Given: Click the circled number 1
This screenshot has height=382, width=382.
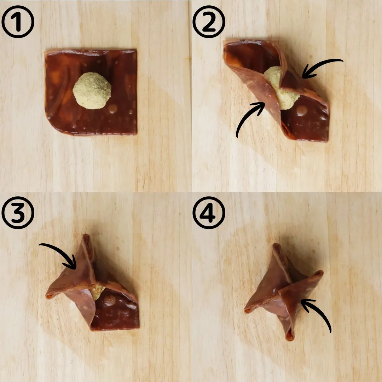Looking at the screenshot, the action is click(x=18, y=22).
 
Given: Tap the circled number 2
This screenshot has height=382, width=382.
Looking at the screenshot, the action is click(x=209, y=22).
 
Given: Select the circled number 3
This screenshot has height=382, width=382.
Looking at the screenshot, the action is click(x=18, y=213).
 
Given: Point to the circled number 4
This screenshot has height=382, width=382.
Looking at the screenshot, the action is click(x=209, y=213).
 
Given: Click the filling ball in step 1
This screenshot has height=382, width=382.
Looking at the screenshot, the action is click(x=92, y=91).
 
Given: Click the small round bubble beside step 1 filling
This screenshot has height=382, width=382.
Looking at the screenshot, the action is click(x=113, y=109).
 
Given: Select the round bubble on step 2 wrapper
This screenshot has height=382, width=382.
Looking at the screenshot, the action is click(x=302, y=111).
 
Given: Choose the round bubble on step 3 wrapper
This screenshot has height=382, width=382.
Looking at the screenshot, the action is click(x=110, y=301).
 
